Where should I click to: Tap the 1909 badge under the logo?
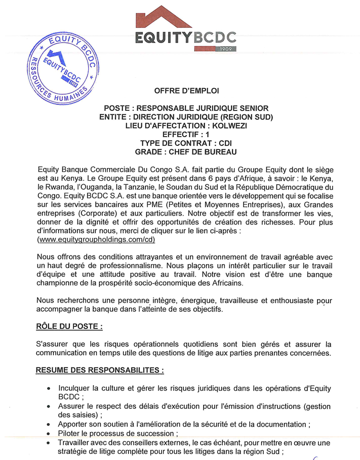226,49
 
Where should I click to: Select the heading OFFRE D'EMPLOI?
186,92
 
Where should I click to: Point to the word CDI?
225,143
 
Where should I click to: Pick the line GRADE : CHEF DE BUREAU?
186,152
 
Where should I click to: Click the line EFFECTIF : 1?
186,135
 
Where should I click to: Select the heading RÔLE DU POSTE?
69,326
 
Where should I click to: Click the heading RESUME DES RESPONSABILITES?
99,370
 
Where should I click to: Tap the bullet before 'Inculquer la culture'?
48,389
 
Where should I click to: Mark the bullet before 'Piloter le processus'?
48,434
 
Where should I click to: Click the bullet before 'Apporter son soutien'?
48,424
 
